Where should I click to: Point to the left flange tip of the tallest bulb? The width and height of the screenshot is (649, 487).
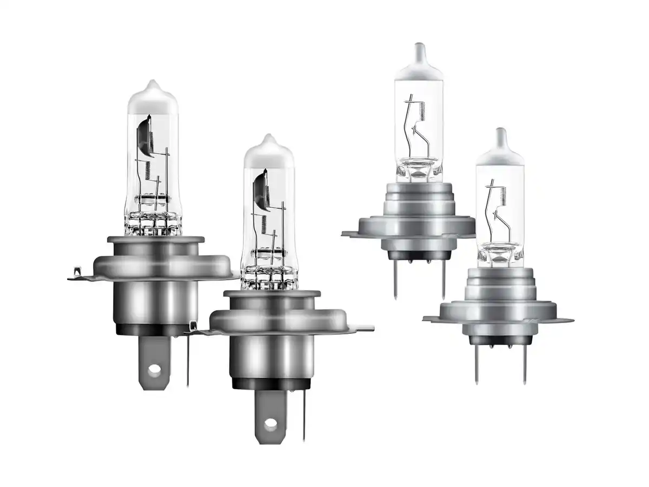[x=345, y=234]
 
